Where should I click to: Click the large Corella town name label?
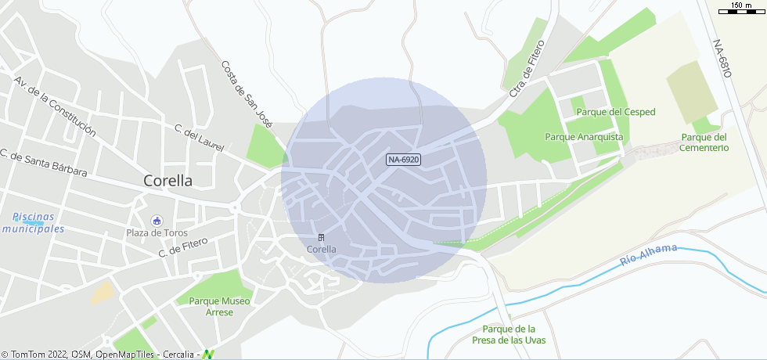pyautogui.click(x=167, y=181)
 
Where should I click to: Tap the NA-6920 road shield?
pyautogui.click(x=404, y=160)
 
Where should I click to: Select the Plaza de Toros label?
pyautogui.click(x=156, y=232)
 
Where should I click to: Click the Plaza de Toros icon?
pyautogui.click(x=156, y=220)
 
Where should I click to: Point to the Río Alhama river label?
pyautogui.click(x=648, y=255)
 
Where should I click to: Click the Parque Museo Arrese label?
pyautogui.click(x=219, y=307)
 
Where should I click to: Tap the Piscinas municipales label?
pyautogui.click(x=32, y=223)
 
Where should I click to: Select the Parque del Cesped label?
pyautogui.click(x=615, y=112)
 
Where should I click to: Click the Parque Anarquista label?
pyautogui.click(x=584, y=137)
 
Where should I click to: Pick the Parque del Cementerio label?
pyautogui.click(x=704, y=142)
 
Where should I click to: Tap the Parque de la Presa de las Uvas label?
pyautogui.click(x=509, y=334)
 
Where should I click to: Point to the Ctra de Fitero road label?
pyautogui.click(x=526, y=79)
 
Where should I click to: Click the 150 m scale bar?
pyautogui.click(x=741, y=10)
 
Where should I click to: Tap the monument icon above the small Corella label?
pyautogui.click(x=321, y=237)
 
